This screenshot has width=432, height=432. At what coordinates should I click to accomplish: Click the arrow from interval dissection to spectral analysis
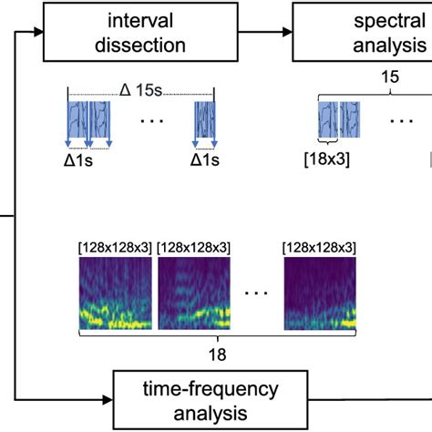(x=265, y=32)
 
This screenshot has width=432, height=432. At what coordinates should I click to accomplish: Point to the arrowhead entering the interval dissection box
(x=38, y=32)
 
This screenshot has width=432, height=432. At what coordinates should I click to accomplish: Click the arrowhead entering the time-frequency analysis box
(x=108, y=400)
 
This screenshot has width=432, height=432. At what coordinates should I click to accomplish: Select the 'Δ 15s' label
(x=141, y=90)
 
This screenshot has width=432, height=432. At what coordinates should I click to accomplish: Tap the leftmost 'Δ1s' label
(x=78, y=160)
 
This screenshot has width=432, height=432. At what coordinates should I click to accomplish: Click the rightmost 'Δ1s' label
(x=205, y=160)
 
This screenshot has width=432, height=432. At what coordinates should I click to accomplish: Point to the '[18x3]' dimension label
(x=327, y=159)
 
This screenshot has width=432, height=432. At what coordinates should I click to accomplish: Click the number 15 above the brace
(x=390, y=77)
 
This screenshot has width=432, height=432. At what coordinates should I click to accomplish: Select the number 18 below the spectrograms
(x=218, y=355)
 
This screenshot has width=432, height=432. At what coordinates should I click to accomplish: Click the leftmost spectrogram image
(x=116, y=293)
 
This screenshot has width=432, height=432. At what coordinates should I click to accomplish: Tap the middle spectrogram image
(x=194, y=293)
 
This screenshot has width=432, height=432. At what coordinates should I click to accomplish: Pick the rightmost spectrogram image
(x=320, y=293)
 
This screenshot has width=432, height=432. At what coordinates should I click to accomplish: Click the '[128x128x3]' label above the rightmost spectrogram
(x=319, y=248)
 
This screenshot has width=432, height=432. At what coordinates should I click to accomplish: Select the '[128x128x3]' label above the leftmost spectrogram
(x=115, y=248)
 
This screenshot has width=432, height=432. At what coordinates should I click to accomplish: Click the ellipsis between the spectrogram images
(x=256, y=293)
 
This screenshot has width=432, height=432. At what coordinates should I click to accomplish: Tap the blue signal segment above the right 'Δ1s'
(x=205, y=119)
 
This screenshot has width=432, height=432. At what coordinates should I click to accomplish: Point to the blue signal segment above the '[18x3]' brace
(x=328, y=119)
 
